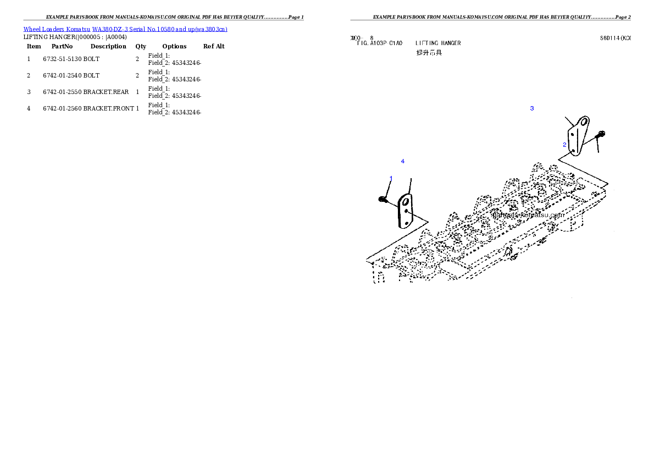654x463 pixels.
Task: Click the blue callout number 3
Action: [531, 108]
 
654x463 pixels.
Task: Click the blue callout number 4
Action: [403, 161]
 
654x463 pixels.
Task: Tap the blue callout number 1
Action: [391, 178]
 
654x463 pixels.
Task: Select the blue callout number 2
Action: [564, 145]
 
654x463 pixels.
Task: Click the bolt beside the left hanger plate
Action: [382, 199]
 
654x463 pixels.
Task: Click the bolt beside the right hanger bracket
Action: [602, 134]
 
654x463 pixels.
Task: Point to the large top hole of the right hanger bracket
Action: [585, 121]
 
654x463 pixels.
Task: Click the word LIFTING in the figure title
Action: [426, 43]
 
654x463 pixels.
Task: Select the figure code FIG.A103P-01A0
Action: [380, 43]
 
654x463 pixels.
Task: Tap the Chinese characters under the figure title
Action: [429, 53]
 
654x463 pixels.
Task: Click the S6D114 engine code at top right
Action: [614, 38]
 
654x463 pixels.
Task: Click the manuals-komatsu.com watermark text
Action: [527, 216]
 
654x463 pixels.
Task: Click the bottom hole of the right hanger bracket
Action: [573, 150]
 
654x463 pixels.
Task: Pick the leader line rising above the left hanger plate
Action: [410, 185]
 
